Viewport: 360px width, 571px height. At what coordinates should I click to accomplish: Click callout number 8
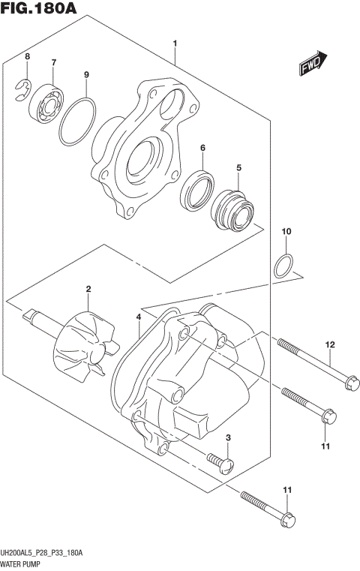coord(27,57)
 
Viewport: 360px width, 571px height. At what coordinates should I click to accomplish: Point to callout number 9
coord(86,74)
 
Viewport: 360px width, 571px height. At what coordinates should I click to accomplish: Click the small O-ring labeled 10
coord(284,265)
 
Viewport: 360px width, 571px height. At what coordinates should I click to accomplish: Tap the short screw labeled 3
coord(220,461)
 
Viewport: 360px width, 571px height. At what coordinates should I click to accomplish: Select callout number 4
coord(139,318)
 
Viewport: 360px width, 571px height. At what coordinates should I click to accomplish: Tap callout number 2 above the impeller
coord(88,289)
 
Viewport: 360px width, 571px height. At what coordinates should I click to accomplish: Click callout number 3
coord(228,437)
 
